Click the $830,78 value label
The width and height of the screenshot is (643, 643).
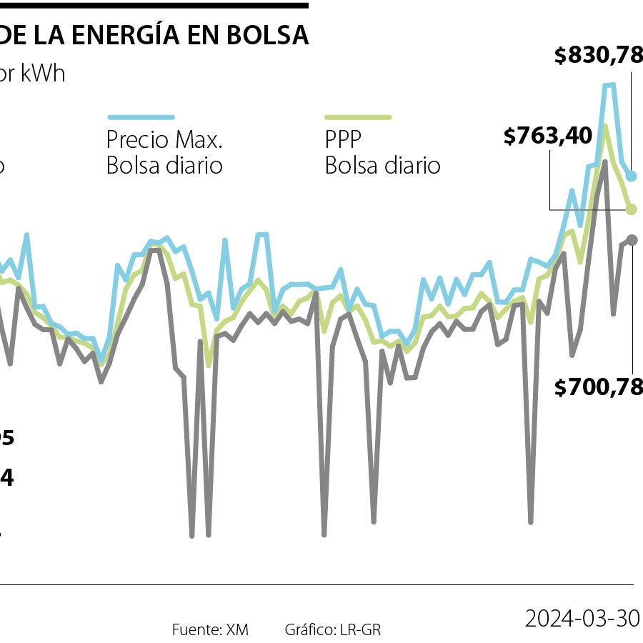pyautogui.click(x=598, y=55)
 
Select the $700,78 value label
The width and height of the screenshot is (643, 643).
pyautogui.click(x=598, y=388)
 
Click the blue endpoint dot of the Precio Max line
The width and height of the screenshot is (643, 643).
pyautogui.click(x=632, y=176)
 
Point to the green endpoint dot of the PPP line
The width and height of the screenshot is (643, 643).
pyautogui.click(x=632, y=209)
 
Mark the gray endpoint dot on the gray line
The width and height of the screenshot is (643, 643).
pyautogui.click(x=632, y=239)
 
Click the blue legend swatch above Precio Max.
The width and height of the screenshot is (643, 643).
pyautogui.click(x=141, y=116)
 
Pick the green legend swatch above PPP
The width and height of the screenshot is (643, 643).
pyautogui.click(x=358, y=116)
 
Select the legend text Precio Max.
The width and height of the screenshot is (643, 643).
pyautogui.click(x=164, y=139)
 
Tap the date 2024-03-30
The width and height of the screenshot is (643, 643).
pyautogui.click(x=582, y=618)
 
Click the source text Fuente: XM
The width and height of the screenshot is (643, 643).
pyautogui.click(x=210, y=629)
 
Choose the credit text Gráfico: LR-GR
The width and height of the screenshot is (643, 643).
pyautogui.click(x=332, y=629)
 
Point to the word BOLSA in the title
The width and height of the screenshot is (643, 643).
pyautogui.click(x=269, y=35)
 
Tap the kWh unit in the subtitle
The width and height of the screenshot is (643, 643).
pyautogui.click(x=42, y=74)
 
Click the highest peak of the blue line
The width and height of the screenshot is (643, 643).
pyautogui.click(x=609, y=85)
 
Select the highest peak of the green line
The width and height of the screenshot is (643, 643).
pyautogui.click(x=605, y=126)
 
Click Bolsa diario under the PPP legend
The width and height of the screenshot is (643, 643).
pyautogui.click(x=382, y=166)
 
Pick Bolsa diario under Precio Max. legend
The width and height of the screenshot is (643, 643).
pyautogui.click(x=164, y=166)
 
